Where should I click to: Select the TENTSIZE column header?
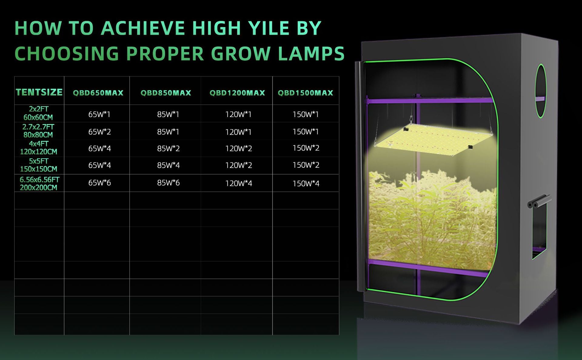point(39,92)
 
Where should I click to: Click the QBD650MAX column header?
point(98,93)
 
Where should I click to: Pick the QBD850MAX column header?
point(166,93)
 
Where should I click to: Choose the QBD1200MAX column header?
point(237,93)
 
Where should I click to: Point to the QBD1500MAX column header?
point(306,93)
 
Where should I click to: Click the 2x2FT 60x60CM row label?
point(38,113)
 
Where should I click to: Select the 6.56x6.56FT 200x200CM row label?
point(39,183)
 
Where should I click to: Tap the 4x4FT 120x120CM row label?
point(38,148)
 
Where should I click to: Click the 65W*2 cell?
point(99,132)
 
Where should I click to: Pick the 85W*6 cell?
point(168,183)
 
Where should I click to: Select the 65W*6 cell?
point(99,183)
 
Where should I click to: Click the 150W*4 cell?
point(306,183)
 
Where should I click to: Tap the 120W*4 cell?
point(239,183)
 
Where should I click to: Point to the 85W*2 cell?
point(168,149)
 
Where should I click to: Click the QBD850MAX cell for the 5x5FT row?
point(168,165)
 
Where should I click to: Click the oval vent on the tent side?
point(541,91)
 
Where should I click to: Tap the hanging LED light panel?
point(433,140)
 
